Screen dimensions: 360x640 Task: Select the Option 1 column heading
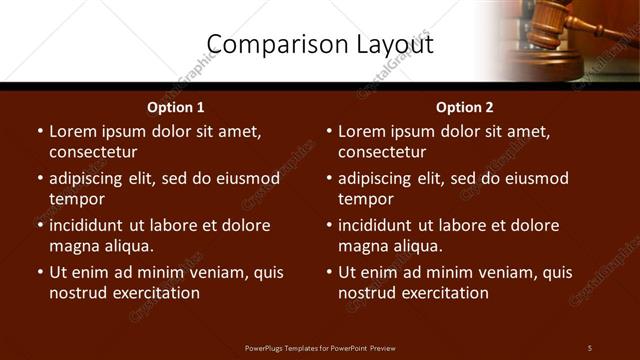click(176, 107)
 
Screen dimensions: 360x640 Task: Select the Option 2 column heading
click(465, 107)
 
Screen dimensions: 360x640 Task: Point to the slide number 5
click(589, 348)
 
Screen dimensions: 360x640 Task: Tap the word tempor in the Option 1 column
click(75, 199)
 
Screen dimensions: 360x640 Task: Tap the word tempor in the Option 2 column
click(364, 199)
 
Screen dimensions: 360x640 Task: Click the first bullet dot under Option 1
click(40, 131)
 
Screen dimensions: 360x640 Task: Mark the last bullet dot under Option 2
click(329, 272)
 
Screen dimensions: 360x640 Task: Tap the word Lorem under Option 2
click(361, 131)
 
